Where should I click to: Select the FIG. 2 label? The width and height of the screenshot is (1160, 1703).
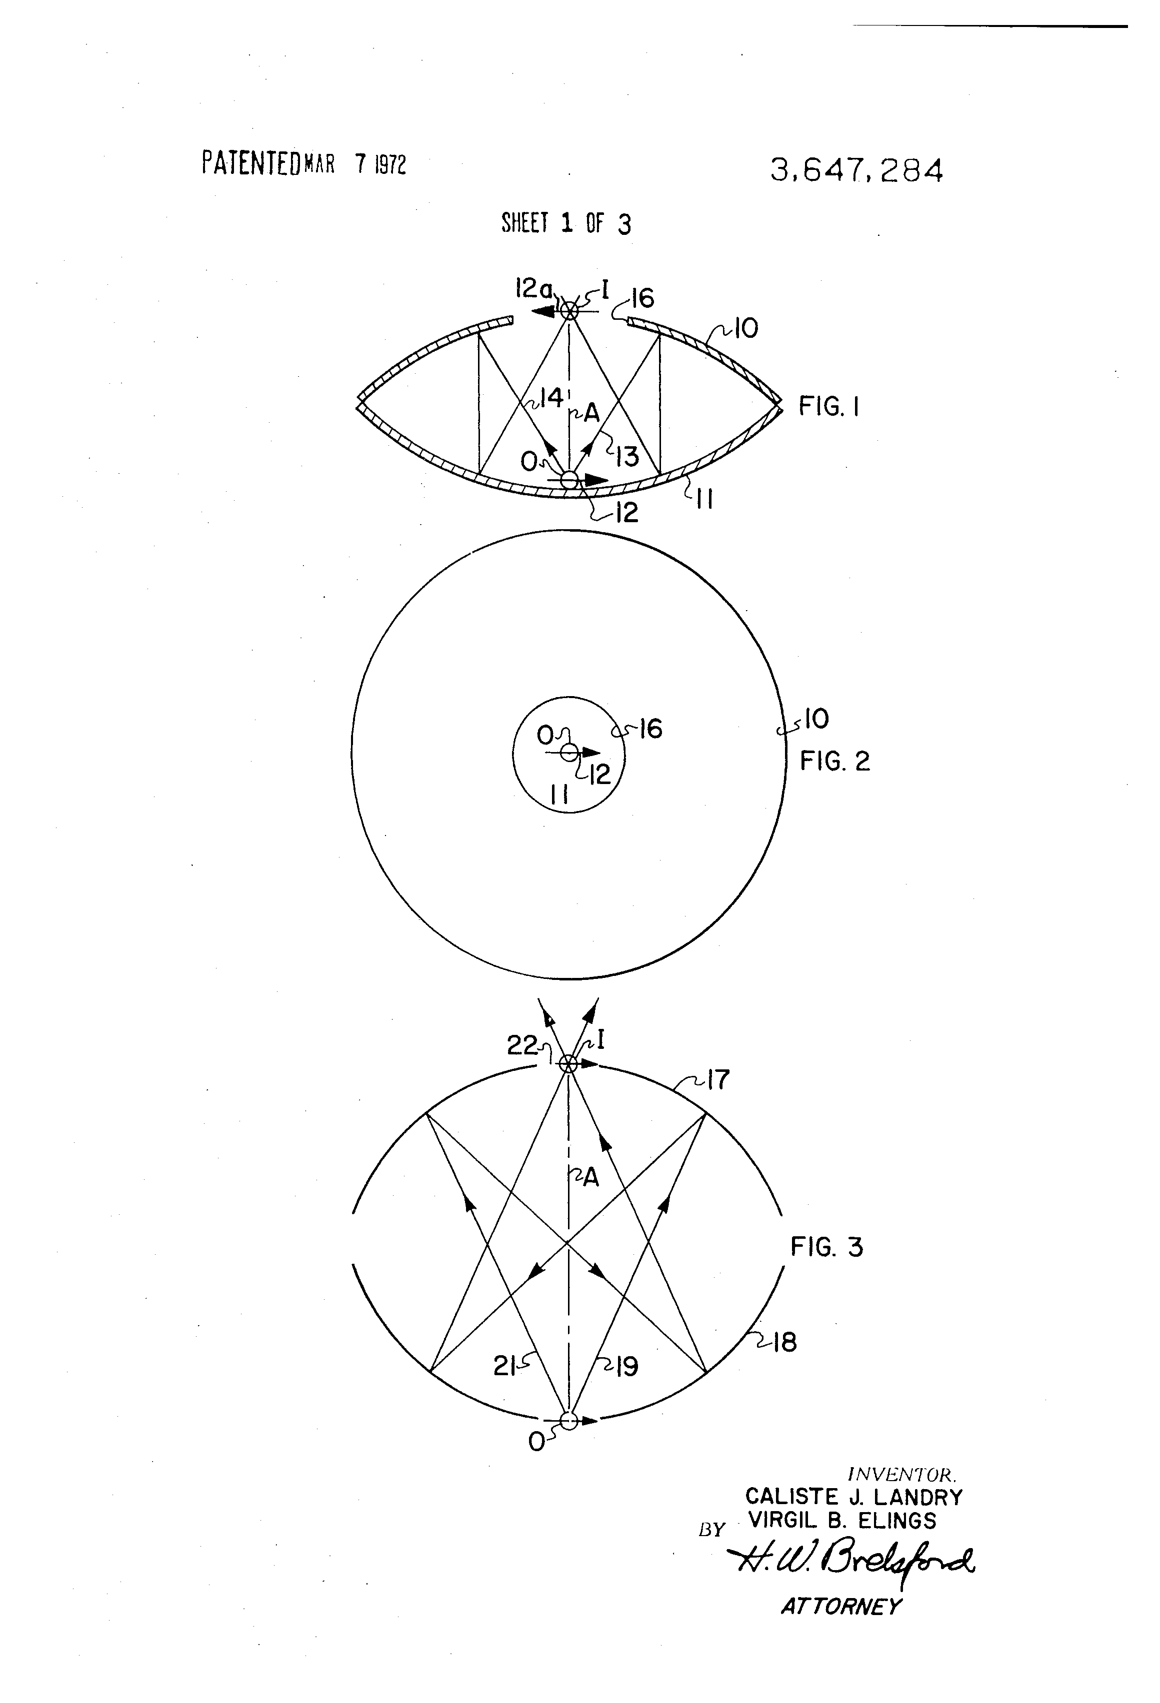834,762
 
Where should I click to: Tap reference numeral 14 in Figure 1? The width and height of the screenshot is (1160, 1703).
550,397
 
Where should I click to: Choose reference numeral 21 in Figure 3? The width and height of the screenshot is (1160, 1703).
505,1366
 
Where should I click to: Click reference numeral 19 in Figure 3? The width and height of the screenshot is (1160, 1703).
626,1366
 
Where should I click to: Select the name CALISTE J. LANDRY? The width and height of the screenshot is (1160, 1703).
853,1496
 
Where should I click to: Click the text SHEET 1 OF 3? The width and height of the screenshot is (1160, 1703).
566,223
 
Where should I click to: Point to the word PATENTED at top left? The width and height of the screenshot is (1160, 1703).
251,163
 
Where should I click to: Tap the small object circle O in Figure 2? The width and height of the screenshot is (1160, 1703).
569,752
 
